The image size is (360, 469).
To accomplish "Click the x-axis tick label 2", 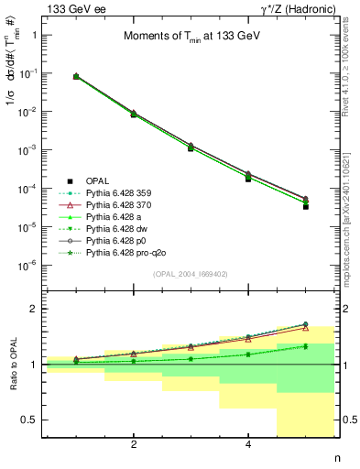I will [x=134, y=445].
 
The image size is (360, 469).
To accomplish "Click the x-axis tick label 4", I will [x=248, y=445].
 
